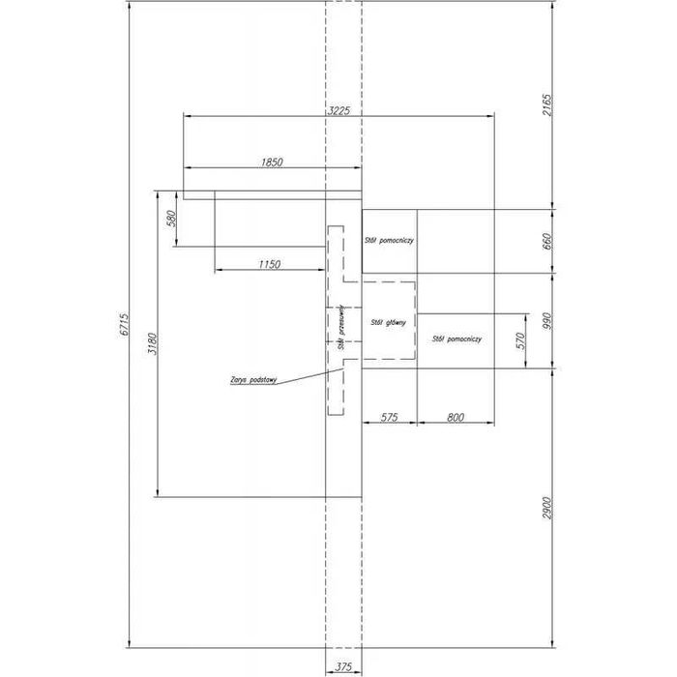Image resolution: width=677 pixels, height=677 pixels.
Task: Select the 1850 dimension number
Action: [x=272, y=162]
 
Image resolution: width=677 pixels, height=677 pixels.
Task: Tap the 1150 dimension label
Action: [x=269, y=264]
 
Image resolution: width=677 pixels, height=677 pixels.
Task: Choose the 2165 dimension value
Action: [x=546, y=105]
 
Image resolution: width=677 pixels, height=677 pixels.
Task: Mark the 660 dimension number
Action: [x=546, y=240]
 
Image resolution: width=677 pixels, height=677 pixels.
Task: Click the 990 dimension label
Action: [x=546, y=321]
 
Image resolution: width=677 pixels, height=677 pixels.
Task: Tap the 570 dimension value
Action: [x=520, y=340]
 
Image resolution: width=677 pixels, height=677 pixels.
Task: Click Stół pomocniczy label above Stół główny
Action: [x=389, y=239]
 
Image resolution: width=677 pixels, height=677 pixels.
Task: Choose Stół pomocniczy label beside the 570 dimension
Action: [x=457, y=339]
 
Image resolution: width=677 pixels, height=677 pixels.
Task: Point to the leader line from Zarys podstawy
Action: [x=309, y=373]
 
